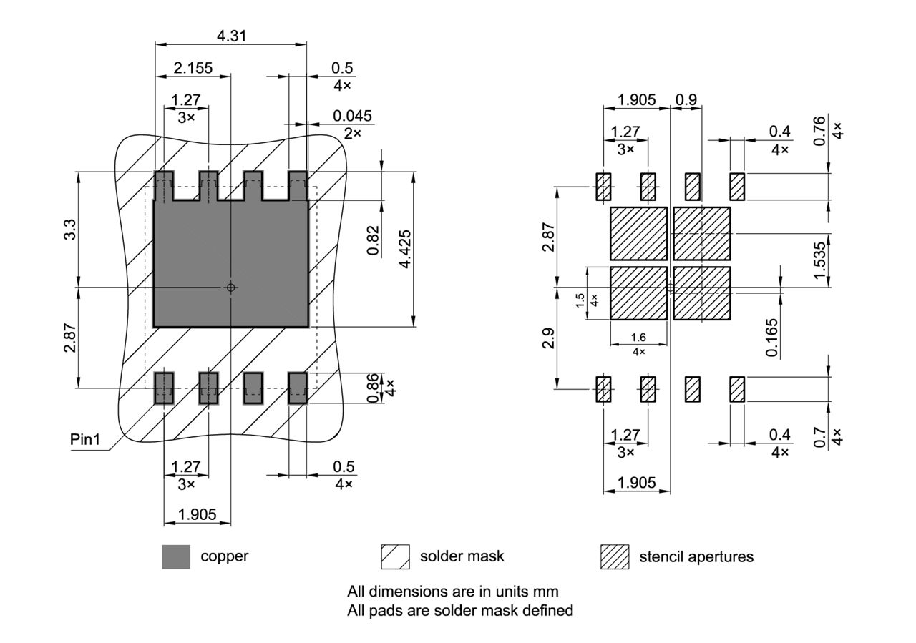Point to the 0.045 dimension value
pos(351,116)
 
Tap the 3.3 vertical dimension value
pos(70,230)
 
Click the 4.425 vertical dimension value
pos(405,249)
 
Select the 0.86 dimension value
pos(373,388)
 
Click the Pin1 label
pos(85,439)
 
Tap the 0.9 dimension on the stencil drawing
pos(686,99)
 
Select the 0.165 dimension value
pos(771,337)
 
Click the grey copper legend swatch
pos(176,556)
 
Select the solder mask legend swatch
pos(395,556)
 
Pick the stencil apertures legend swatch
pos(615,556)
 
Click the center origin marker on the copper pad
pos(230,288)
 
